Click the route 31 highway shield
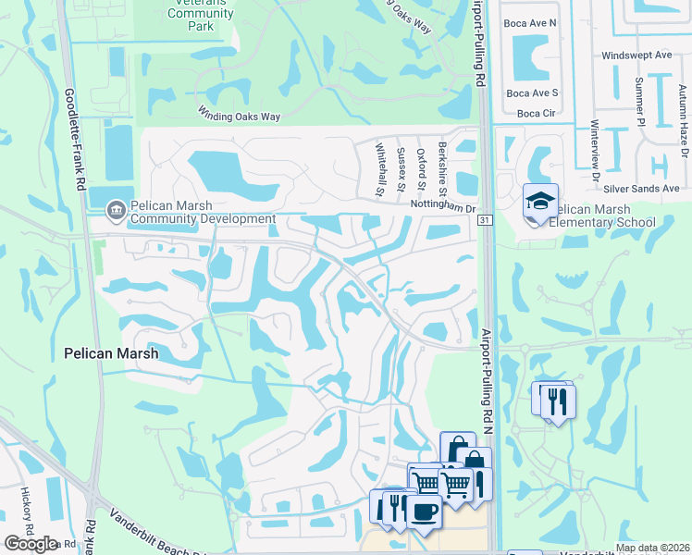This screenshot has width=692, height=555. (485, 220)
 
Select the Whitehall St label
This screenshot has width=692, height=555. (380, 169)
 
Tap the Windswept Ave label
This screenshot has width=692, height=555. (636, 55)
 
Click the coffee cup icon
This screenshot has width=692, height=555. (425, 511)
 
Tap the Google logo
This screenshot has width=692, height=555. (31, 544)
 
